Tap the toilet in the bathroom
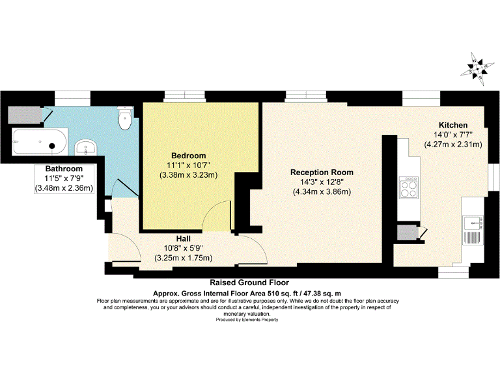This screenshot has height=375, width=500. click(x=124, y=118)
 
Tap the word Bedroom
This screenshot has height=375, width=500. click(x=188, y=156)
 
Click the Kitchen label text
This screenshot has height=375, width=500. click(x=452, y=125)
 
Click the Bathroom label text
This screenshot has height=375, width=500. click(x=63, y=169)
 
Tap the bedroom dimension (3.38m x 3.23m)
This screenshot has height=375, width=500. click(x=188, y=174)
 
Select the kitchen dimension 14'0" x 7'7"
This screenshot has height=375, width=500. click(x=452, y=135)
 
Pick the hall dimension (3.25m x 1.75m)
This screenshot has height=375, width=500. click(x=183, y=258)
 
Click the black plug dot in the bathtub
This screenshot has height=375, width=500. click(x=53, y=146)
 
